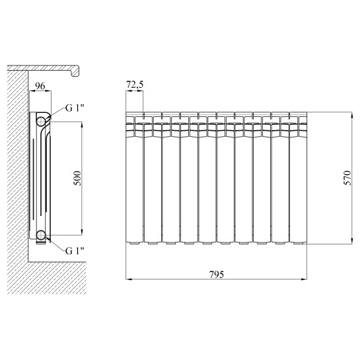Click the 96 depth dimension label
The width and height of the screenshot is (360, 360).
tap(40, 86)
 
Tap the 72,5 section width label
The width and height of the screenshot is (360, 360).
tap(135, 85)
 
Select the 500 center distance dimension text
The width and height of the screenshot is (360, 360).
tap(77, 178)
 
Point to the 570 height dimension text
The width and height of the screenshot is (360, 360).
tap(347, 178)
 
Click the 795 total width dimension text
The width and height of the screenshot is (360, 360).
tap(217, 274)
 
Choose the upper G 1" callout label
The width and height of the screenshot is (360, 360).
tap(75, 108)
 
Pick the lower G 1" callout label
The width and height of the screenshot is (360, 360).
tap(75, 251)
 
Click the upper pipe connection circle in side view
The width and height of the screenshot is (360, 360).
tap(41, 122)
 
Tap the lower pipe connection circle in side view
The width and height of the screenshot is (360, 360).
tap(41, 234)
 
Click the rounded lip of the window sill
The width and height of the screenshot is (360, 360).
tap(76, 71)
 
